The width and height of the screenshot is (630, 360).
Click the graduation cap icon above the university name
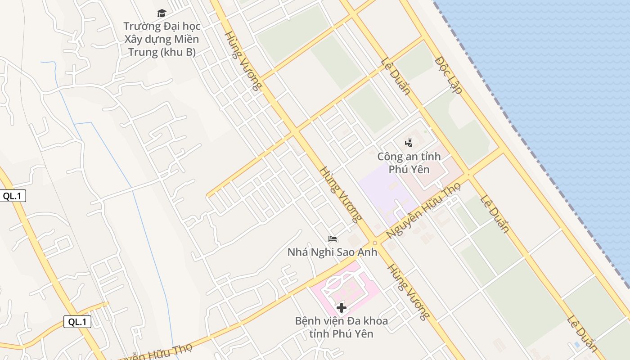[x=162, y=13]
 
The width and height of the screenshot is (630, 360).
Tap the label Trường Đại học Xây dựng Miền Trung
[x=162, y=39]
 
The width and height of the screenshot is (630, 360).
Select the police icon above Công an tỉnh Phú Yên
[x=409, y=143]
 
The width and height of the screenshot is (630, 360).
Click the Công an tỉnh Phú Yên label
[x=409, y=163]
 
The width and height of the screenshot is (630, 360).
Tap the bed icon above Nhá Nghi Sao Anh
[x=333, y=238]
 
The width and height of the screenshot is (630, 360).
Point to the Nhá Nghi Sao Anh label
[x=332, y=252]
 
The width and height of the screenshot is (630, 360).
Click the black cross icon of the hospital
[x=342, y=308]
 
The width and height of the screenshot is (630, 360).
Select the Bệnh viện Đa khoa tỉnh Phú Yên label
[x=341, y=327]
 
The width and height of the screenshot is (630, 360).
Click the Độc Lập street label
[x=449, y=75]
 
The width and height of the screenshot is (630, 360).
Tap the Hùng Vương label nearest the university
[x=243, y=61]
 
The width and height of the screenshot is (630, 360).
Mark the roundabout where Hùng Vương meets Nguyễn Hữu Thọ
[x=374, y=243]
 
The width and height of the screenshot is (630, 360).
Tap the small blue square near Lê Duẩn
[x=577, y=345]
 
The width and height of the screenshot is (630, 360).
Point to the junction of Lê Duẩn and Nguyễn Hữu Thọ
[x=468, y=175]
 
